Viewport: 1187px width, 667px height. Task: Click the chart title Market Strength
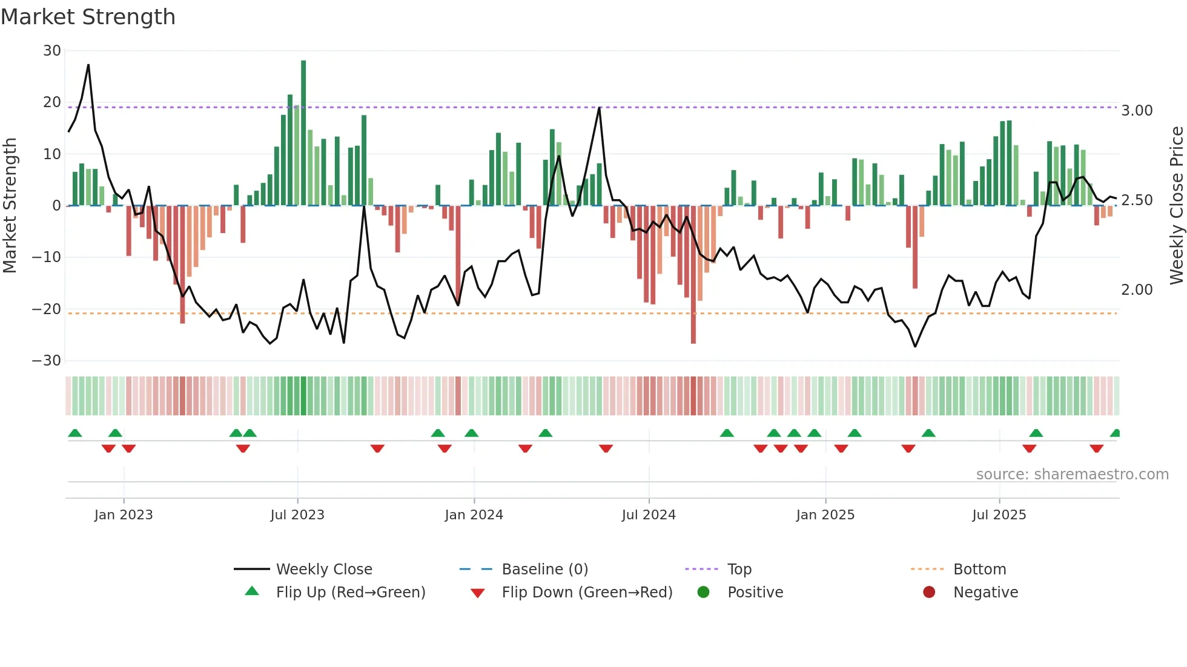pyautogui.click(x=88, y=17)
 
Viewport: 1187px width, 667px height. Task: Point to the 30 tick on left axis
pyautogui.click(x=52, y=51)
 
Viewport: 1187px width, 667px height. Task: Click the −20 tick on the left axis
pyautogui.click(x=47, y=309)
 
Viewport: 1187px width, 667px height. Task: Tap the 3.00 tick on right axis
pyautogui.click(x=1137, y=111)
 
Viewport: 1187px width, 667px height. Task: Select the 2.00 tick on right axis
pyautogui.click(x=1137, y=290)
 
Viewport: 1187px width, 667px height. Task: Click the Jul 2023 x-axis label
pyautogui.click(x=297, y=515)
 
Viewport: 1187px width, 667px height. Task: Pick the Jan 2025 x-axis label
pyautogui.click(x=825, y=515)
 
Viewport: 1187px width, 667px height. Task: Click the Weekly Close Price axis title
pyautogui.click(x=1176, y=205)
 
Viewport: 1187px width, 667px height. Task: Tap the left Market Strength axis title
pyautogui.click(x=10, y=205)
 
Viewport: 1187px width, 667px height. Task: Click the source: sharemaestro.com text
pyautogui.click(x=1072, y=475)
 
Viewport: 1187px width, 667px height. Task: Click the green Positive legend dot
pyautogui.click(x=703, y=592)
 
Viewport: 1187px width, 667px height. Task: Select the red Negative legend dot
pyautogui.click(x=929, y=592)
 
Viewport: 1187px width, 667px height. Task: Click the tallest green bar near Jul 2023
pyautogui.click(x=303, y=133)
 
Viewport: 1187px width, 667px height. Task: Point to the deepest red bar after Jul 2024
pyautogui.click(x=693, y=275)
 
